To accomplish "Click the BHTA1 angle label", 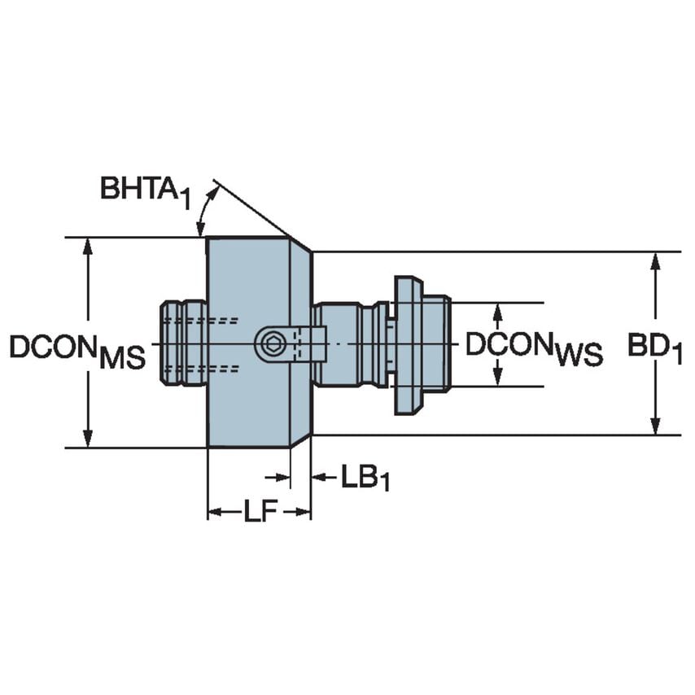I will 145,190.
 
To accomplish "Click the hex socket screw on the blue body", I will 272,344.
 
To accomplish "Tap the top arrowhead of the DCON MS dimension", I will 88,245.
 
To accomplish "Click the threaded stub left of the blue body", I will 183,343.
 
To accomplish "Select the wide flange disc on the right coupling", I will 408,344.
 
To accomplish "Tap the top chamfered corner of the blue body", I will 300,244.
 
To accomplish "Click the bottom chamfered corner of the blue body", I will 300,440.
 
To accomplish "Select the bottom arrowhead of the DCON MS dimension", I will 88,440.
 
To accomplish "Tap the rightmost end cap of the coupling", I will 437,343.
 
